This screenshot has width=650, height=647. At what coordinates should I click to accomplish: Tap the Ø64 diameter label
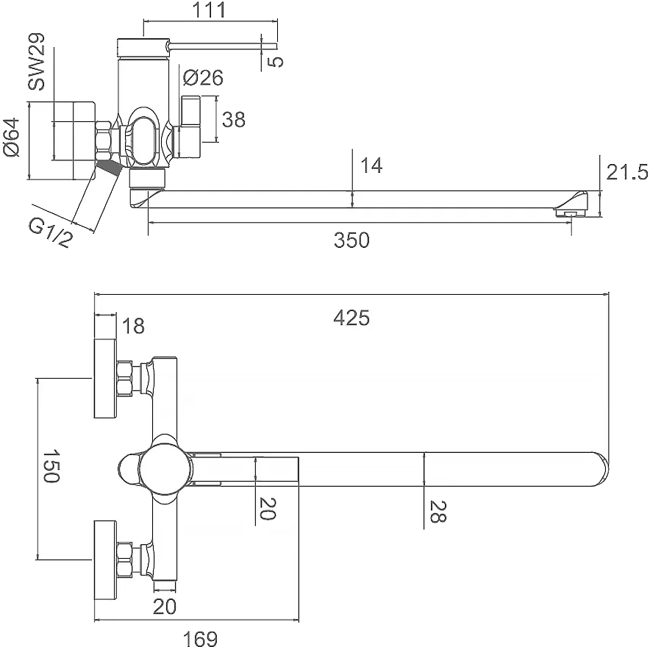[x=12, y=138]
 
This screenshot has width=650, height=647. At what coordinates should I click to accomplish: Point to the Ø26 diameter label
[x=202, y=77]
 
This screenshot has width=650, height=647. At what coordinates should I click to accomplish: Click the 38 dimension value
[x=233, y=120]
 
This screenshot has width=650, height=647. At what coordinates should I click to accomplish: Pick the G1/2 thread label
[x=50, y=234]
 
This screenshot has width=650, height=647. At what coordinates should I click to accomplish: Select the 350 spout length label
[x=351, y=240]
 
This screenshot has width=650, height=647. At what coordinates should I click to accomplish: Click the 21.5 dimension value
[x=626, y=172]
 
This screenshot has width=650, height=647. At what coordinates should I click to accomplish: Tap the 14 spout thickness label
[x=372, y=166]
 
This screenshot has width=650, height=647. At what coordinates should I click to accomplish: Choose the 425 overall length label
[x=351, y=318]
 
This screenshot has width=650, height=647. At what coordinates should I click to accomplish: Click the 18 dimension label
[x=133, y=326]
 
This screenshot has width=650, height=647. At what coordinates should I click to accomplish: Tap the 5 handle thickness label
[x=276, y=61]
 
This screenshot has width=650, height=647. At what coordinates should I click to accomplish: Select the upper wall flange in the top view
[x=106, y=378]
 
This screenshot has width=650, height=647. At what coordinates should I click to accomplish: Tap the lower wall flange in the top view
[x=106, y=561]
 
